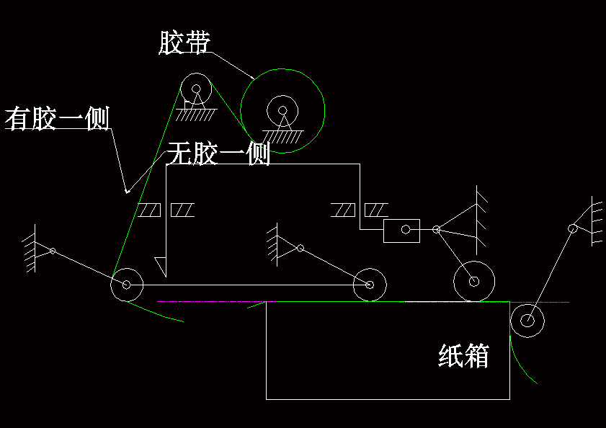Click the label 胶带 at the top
pos(184,43)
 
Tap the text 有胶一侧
pos(57,118)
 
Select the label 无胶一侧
pos(218,153)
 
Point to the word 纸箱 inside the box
pos(464,356)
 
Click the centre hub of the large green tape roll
pos(282,111)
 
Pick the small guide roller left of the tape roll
pos(195,89)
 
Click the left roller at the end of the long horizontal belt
pos(126,285)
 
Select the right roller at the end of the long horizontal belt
pos(370,285)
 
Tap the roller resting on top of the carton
pos(473,281)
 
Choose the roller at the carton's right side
pos(527,319)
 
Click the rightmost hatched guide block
pos(376,210)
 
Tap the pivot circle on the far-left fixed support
pos(52,251)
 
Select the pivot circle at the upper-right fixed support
pos(572,228)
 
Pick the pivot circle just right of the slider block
pos(436,230)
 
